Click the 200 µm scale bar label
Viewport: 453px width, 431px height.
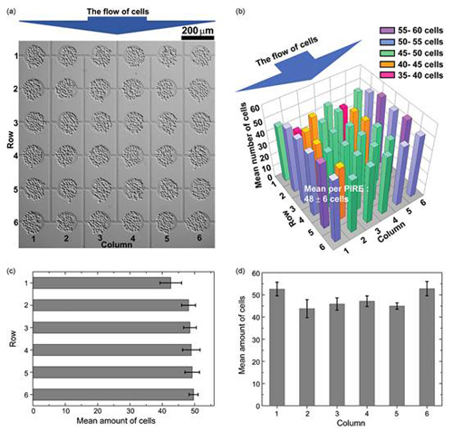(x=197, y=30)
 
